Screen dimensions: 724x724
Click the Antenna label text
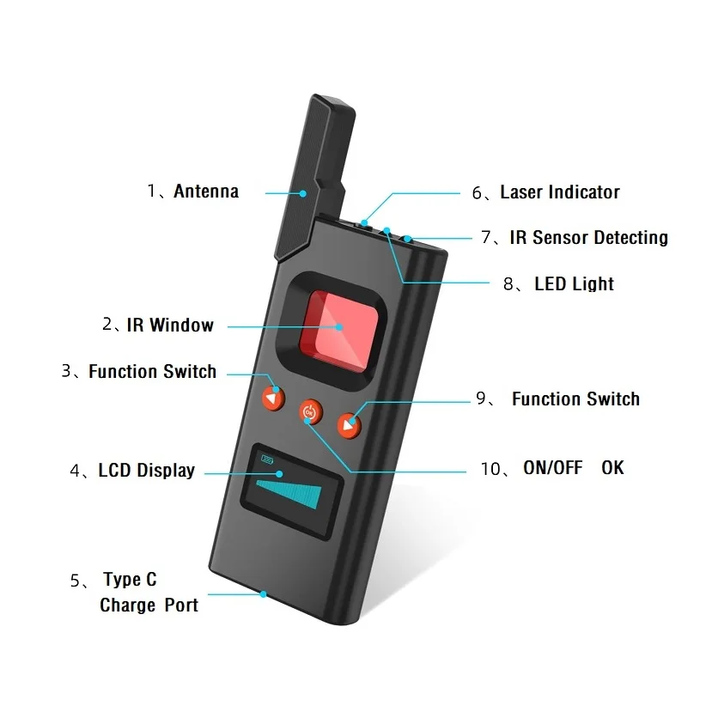[206, 192]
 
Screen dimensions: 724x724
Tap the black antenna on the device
[313, 172]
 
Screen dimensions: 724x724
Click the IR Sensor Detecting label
[588, 238]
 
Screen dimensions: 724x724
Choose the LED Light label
[574, 283]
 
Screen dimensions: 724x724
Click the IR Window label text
[170, 325]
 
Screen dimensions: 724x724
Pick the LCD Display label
[147, 471]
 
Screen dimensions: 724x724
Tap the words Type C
[130, 580]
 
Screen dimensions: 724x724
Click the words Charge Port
[149, 605]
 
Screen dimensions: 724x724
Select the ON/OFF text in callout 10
[552, 468]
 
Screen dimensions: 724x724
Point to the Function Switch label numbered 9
[575, 399]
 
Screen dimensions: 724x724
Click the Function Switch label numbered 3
[152, 372]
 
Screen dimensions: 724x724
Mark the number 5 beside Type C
[75, 581]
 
